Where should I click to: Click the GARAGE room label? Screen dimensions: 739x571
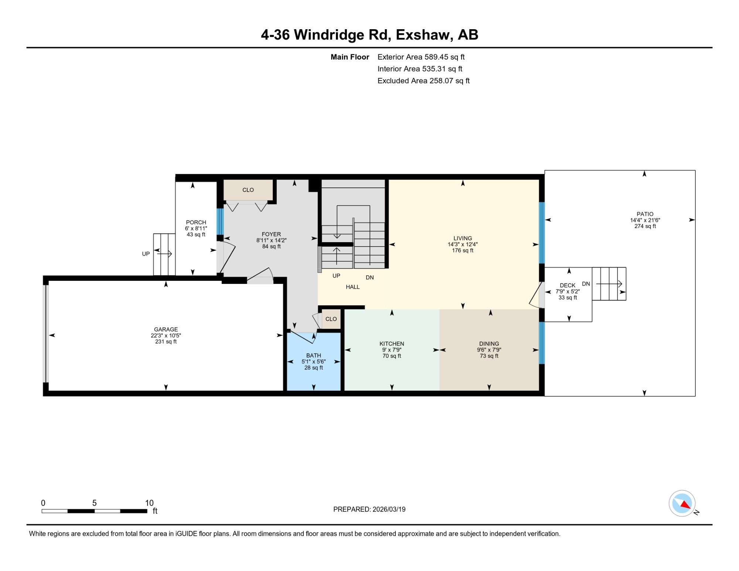[x=166, y=329]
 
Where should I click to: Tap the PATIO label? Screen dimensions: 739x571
[x=645, y=214]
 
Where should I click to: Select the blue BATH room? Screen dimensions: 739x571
[x=314, y=361]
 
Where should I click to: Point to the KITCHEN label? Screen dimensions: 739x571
[x=392, y=344]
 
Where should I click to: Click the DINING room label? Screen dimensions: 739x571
[x=489, y=344]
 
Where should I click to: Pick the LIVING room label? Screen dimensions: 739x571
[x=463, y=238]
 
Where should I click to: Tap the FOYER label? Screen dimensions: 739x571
[x=271, y=234]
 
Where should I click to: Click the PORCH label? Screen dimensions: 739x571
[x=196, y=222]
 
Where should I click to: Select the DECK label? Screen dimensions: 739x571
[x=568, y=285]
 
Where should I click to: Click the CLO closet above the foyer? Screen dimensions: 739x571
[x=248, y=190]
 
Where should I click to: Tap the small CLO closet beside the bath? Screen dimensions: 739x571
[x=331, y=319]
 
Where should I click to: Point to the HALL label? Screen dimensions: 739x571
[x=353, y=287]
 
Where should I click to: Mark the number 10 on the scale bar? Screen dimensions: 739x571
[x=149, y=503]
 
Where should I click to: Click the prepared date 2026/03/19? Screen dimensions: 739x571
[x=389, y=509]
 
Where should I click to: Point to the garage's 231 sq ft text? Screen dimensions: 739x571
[x=166, y=342]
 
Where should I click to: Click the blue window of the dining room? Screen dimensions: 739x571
[x=542, y=343]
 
